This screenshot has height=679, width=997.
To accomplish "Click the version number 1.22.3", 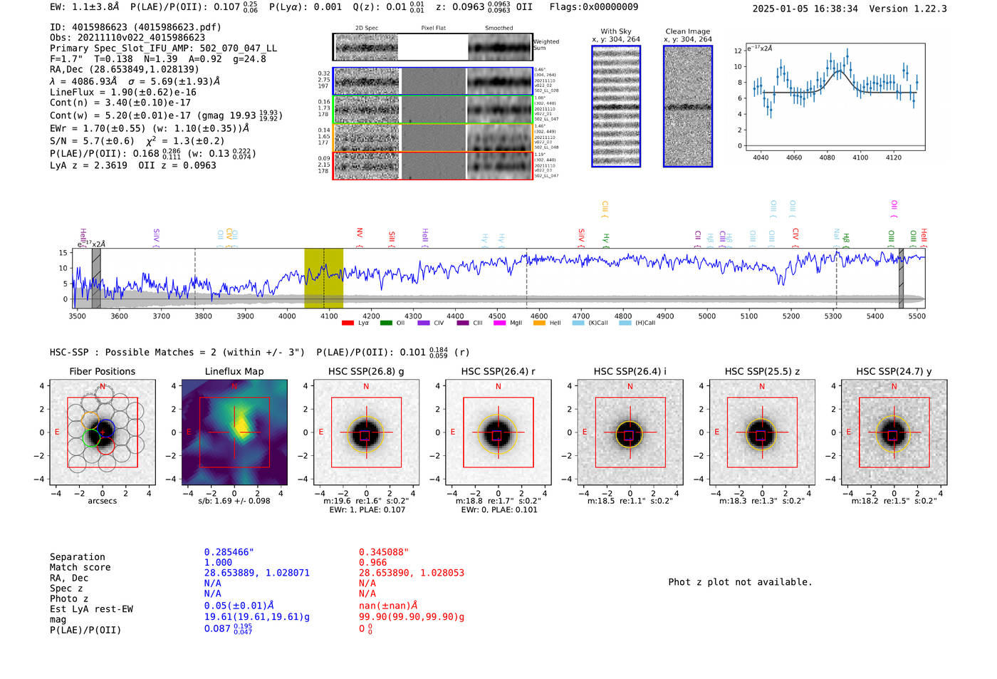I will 929,9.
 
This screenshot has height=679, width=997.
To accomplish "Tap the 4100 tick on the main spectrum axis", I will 329,316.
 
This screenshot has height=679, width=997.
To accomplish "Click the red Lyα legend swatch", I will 348,323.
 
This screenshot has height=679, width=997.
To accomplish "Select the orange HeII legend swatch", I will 539,323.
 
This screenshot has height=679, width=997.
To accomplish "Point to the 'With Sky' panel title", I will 615,31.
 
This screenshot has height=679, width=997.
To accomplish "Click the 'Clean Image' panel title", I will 687,31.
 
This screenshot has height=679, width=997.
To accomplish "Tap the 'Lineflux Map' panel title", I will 234,371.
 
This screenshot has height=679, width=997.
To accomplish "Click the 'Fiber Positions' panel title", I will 102,371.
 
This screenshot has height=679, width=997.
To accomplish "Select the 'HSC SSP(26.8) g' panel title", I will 366,371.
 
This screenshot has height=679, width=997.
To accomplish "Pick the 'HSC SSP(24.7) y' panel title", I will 894,371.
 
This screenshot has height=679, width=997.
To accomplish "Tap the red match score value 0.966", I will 372,562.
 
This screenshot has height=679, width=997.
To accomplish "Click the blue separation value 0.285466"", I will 229,552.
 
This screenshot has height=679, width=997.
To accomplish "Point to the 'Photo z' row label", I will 68,598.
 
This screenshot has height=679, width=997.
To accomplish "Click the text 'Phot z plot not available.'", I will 740,582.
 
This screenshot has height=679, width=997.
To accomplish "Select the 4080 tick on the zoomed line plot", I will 827,157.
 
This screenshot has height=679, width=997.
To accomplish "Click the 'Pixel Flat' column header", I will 433,28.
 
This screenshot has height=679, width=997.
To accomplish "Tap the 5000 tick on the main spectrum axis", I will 706,316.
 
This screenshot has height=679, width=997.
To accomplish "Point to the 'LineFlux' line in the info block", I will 122,92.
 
